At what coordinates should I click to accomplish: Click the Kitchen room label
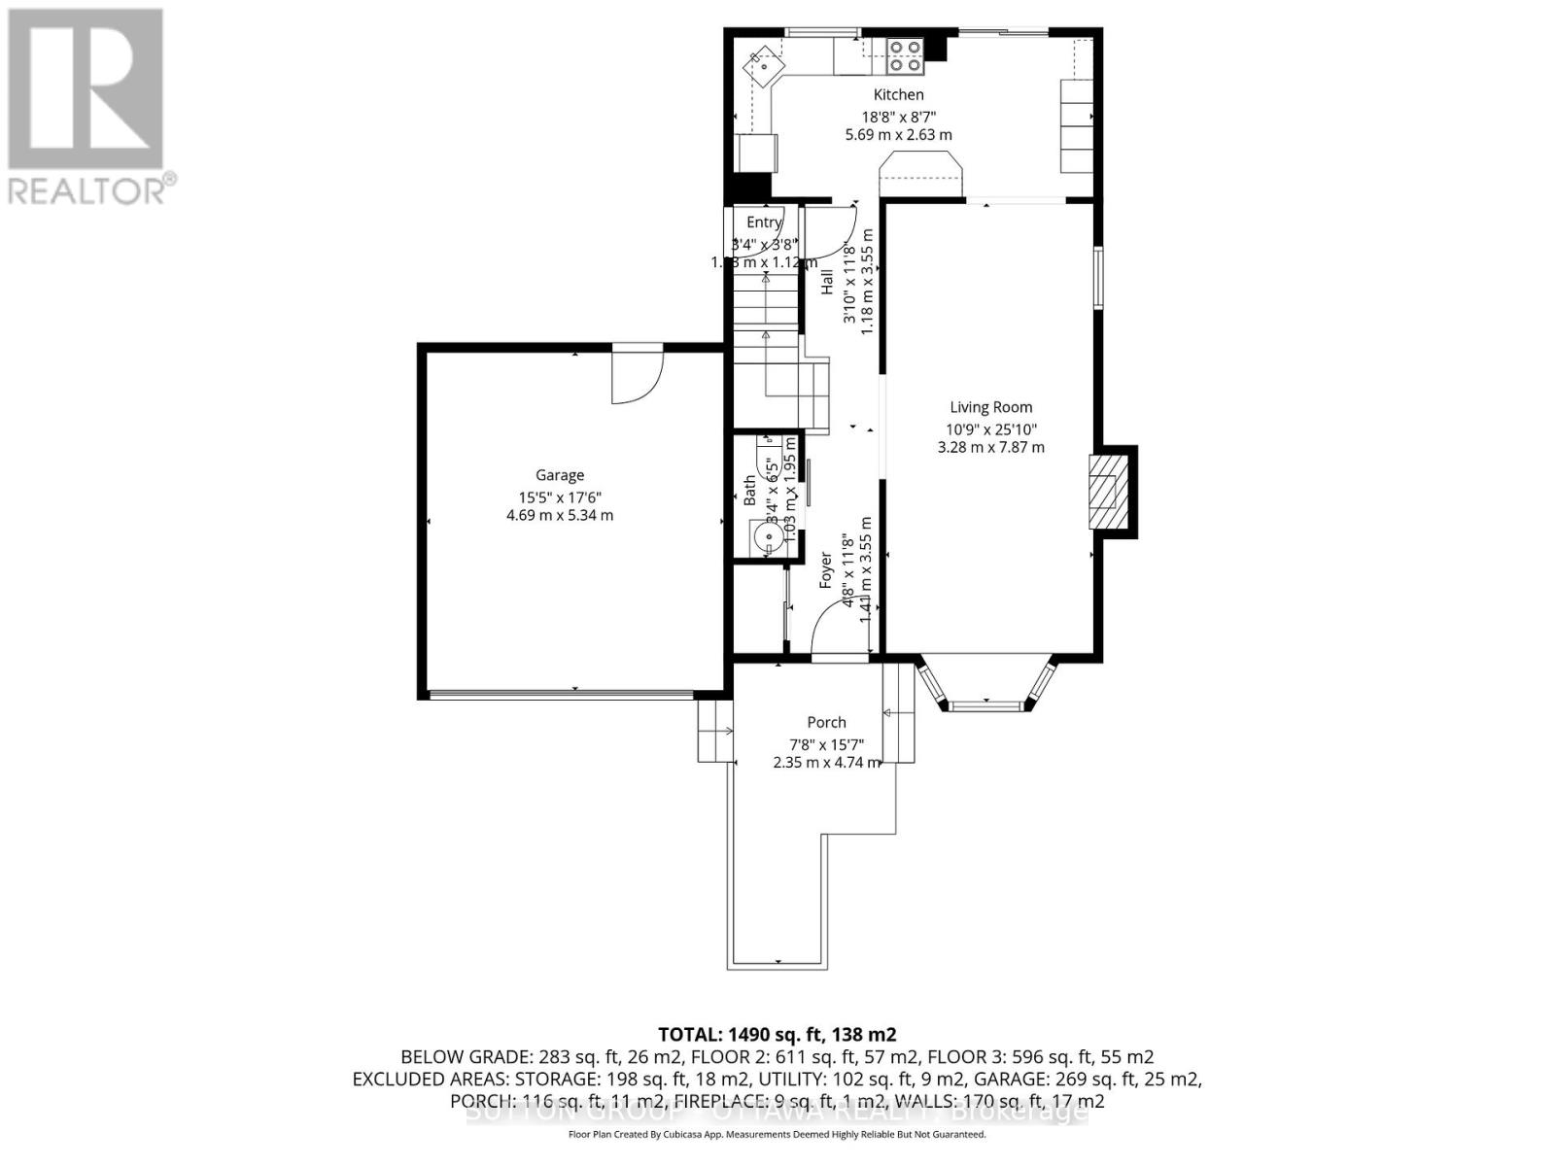tap(898, 94)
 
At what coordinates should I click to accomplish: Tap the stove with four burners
tap(905, 56)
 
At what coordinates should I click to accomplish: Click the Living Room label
tap(990, 407)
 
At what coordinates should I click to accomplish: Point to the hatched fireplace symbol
tap(1105, 492)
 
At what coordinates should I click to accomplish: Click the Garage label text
tap(560, 475)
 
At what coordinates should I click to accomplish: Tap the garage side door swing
tap(637, 377)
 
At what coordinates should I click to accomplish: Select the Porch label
tap(826, 722)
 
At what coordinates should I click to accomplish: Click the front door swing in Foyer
tap(838, 628)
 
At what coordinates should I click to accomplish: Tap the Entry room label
tap(764, 223)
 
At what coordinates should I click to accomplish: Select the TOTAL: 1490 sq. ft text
tap(777, 1034)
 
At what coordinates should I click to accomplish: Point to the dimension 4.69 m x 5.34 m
tap(560, 515)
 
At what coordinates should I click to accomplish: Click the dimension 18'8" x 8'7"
tap(898, 116)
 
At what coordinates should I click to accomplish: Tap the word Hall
tap(827, 282)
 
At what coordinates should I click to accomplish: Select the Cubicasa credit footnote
tap(777, 1134)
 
